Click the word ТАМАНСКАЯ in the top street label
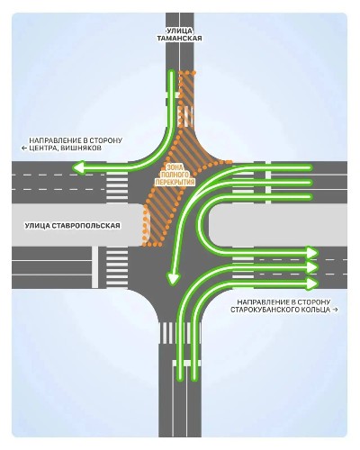tap(179, 39)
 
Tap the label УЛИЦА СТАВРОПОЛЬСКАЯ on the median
tap(73, 226)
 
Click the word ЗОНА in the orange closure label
tap(175, 166)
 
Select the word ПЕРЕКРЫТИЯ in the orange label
tap(175, 182)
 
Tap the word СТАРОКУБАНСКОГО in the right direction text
tap(263, 310)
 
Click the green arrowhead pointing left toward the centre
tap(78, 167)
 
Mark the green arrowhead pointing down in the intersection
tap(173, 279)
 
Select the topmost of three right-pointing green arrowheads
tap(312, 252)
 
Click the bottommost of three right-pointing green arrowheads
tap(312, 283)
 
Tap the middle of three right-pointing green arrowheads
tap(312, 267)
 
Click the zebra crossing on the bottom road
tap(179, 332)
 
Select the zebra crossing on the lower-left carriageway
tap(117, 267)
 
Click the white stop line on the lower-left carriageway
tap(94, 267)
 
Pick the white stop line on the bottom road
tap(186, 363)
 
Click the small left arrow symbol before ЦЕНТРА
tap(24, 148)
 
